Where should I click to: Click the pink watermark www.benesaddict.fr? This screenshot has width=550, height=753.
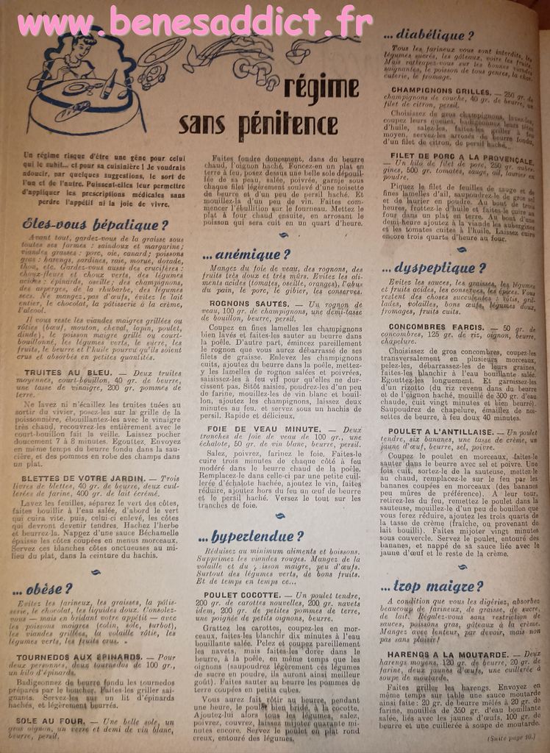click(195, 22)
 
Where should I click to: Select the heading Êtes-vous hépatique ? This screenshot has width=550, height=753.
click(96, 225)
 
